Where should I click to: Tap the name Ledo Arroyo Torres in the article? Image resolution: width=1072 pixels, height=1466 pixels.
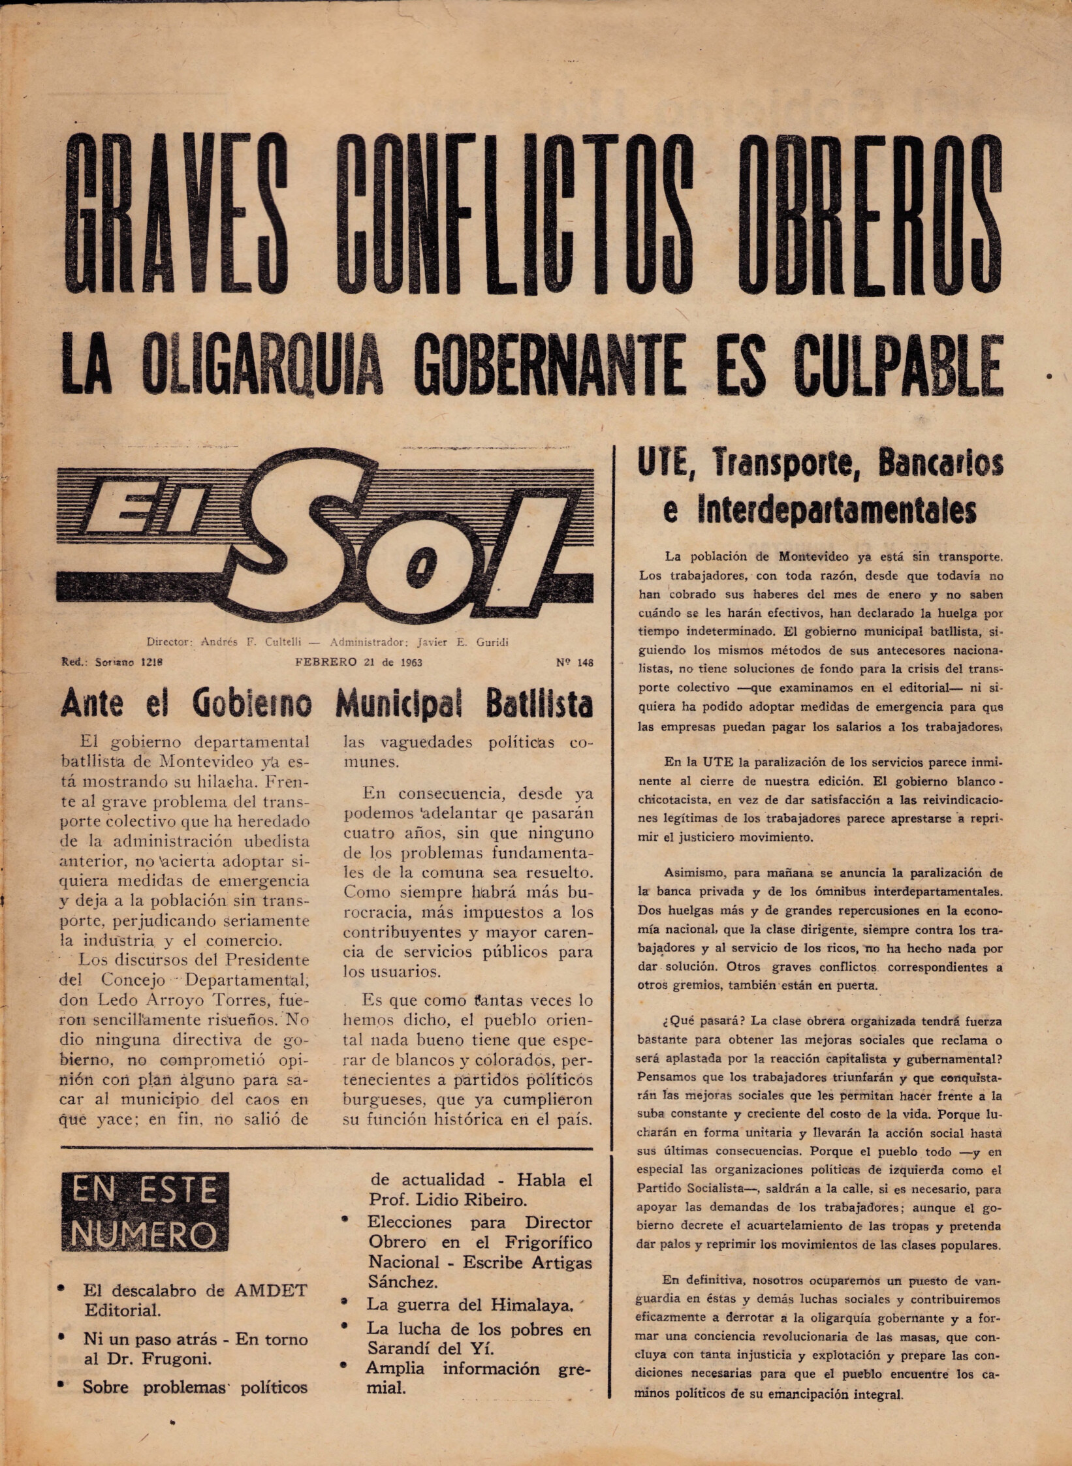coord(193,999)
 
